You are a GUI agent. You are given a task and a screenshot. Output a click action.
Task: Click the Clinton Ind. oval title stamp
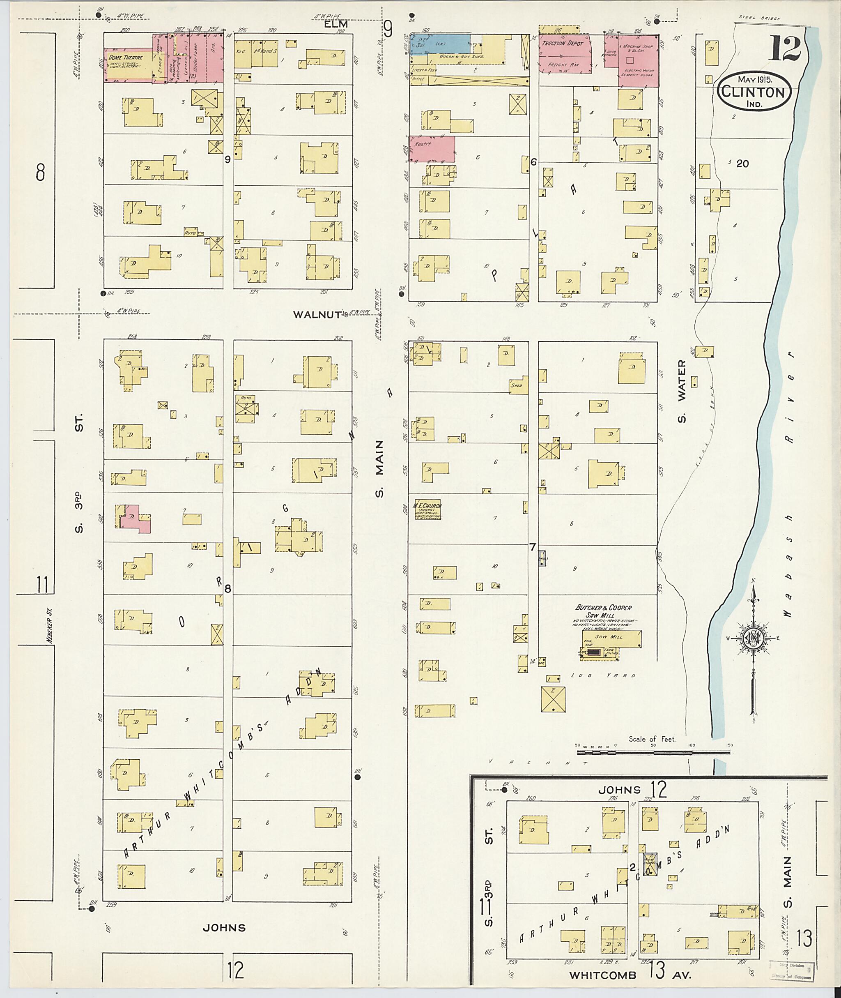point(754,92)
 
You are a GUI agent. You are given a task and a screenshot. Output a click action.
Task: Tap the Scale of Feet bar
point(653,752)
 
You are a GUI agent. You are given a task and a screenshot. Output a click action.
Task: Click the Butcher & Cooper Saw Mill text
point(603,611)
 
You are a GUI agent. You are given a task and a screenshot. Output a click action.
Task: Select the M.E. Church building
point(426,510)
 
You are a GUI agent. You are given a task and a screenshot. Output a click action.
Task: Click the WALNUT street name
point(317,314)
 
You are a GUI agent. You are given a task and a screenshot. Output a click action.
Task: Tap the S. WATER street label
point(682,391)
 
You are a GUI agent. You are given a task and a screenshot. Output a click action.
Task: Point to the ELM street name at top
point(337,24)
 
